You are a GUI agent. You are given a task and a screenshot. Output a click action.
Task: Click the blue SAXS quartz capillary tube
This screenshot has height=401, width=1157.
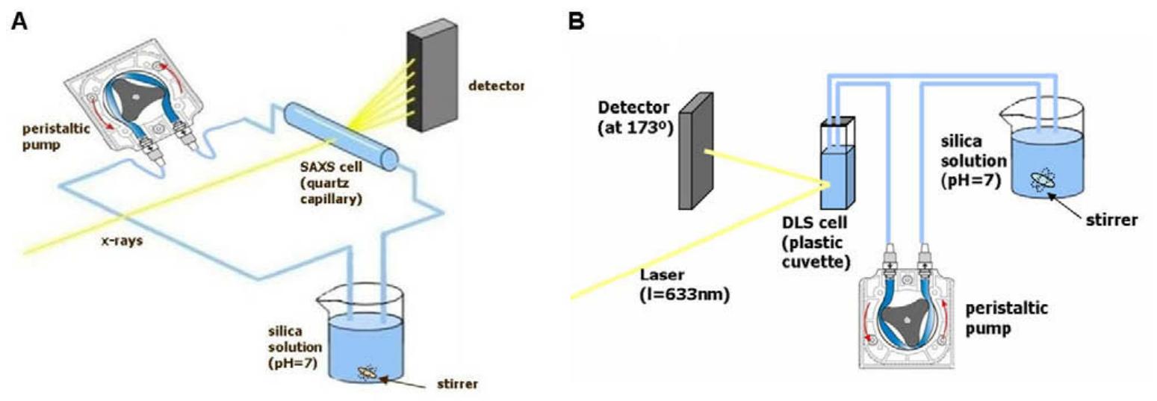click(341, 134)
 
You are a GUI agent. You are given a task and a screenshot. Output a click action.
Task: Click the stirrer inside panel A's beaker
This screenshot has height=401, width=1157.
click(370, 370)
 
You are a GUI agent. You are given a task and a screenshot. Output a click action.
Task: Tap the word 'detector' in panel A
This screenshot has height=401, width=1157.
click(496, 86)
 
